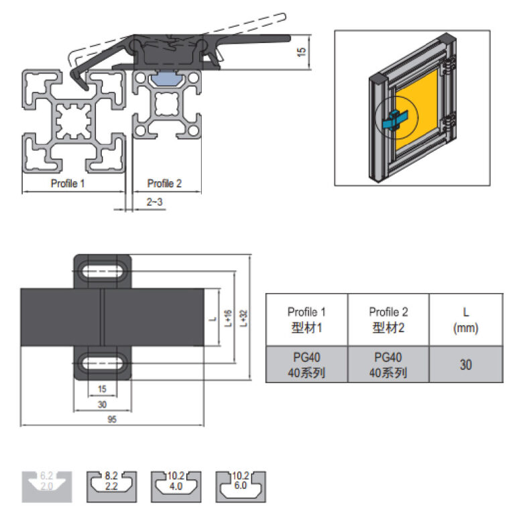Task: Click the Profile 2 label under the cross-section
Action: [164, 183]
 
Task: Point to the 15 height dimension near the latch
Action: [302, 50]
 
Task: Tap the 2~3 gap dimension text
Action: [154, 201]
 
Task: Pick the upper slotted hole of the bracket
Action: [103, 272]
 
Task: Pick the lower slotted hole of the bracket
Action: [103, 363]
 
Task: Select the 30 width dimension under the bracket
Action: [102, 404]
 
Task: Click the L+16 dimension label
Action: [228, 317]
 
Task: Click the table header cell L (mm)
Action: [465, 319]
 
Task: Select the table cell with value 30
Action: [465, 364]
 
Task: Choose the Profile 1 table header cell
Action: [306, 319]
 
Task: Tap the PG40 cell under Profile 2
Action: [388, 364]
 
